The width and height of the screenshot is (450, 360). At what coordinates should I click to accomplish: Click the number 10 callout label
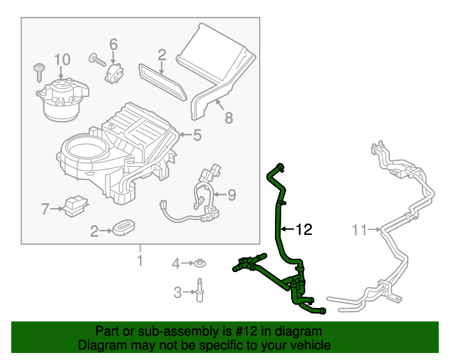click(x=62, y=58)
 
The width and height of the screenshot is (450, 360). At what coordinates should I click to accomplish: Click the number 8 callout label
click(x=229, y=117)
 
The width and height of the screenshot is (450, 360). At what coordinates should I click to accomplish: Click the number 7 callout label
click(x=46, y=209)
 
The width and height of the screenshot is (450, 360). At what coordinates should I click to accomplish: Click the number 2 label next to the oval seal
click(x=94, y=230)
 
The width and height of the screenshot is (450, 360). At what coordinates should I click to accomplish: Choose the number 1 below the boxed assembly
click(x=139, y=262)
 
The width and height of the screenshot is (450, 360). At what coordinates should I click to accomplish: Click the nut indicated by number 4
click(x=200, y=264)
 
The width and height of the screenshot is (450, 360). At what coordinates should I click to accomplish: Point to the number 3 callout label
click(x=177, y=291)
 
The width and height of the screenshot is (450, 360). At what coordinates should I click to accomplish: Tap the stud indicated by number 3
click(x=200, y=290)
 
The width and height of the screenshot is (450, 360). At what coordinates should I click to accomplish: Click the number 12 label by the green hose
click(x=303, y=229)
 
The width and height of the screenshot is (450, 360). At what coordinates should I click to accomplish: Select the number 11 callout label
click(x=360, y=229)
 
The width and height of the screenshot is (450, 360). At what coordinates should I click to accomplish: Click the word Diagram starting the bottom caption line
click(x=99, y=345)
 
